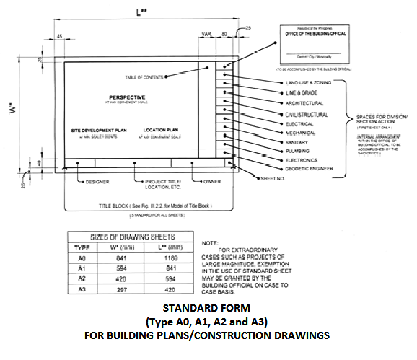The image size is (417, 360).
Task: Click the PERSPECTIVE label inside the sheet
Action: (x=126, y=97)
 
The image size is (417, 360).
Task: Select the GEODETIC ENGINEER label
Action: (x=297, y=171)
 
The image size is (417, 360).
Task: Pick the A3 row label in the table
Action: (x=83, y=289)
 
